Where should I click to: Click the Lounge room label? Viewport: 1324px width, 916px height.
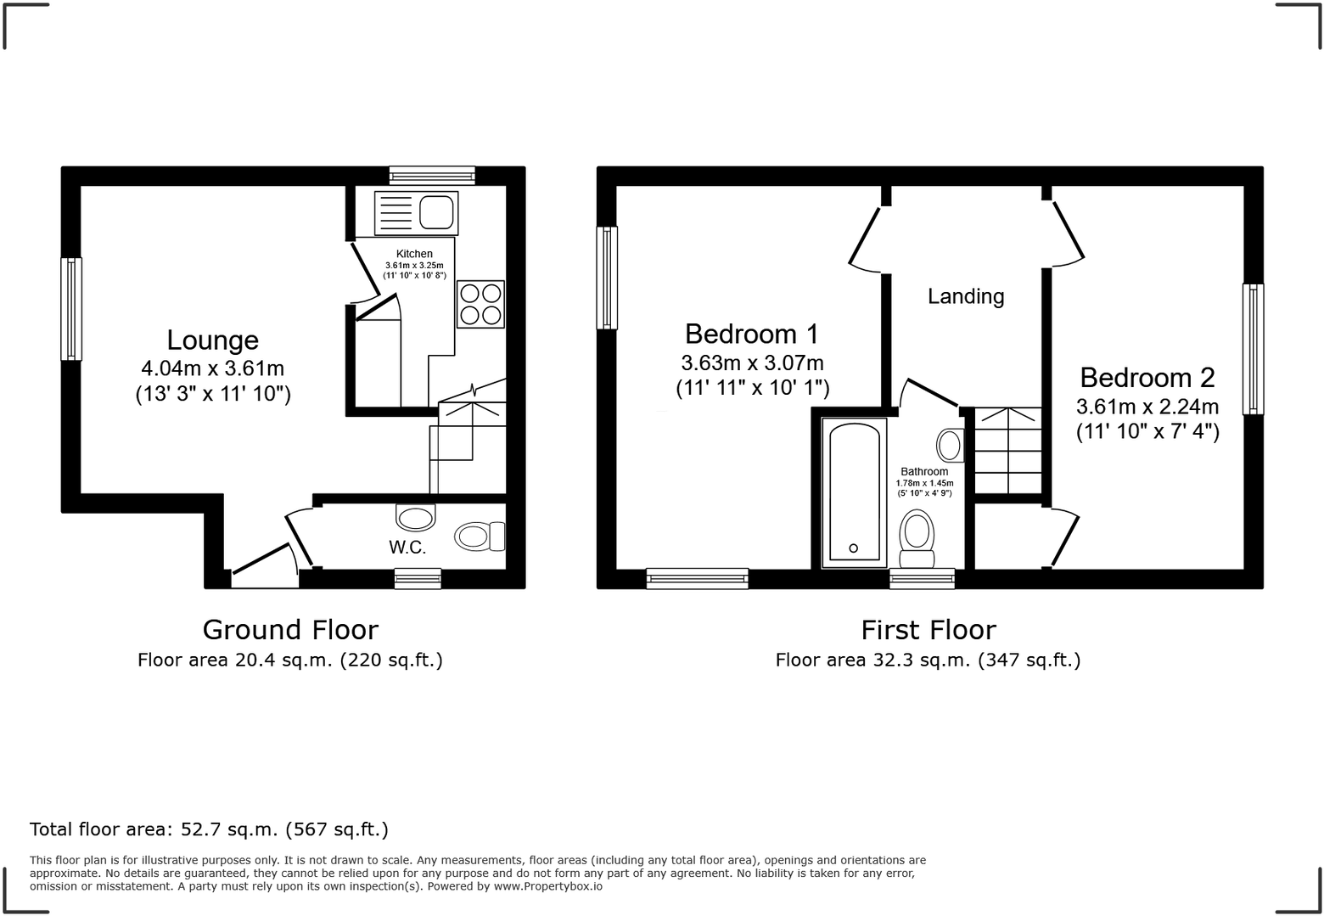coord(212,340)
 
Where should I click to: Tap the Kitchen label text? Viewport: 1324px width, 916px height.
coord(414,254)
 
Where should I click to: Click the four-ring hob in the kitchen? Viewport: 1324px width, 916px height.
coord(480,304)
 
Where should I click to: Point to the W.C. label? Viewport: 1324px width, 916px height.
coord(407,548)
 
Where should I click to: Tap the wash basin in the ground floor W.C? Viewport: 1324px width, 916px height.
coord(415,516)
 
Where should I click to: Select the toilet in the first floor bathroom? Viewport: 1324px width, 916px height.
coord(917,537)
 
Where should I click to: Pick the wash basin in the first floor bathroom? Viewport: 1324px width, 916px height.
coord(950,444)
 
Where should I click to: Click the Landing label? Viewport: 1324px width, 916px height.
coord(966,296)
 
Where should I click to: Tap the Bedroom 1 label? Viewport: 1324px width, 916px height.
coord(752,333)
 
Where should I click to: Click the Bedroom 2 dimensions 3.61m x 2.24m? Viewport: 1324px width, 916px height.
coord(1147,406)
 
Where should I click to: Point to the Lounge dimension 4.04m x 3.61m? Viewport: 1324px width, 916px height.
coord(212,368)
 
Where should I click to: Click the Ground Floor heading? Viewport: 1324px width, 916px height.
coord(290,630)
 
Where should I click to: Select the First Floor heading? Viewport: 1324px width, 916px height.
coord(928,630)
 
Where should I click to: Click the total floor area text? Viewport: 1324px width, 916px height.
coord(209,829)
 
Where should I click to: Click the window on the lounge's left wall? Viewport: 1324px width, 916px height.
coord(71,309)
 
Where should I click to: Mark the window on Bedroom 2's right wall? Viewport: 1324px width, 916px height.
coord(1253,349)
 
